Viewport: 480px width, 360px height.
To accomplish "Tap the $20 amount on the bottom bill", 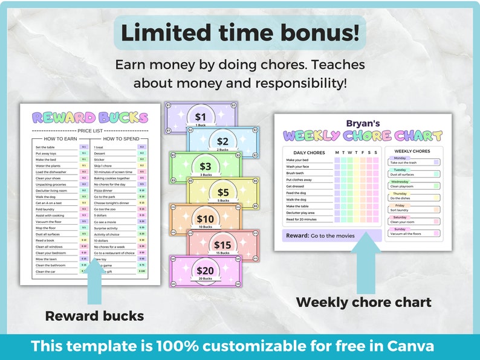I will tap(206, 271).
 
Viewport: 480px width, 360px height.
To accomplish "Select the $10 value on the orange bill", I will tap(206, 219).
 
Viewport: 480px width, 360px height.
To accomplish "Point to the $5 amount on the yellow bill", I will tap(223, 193).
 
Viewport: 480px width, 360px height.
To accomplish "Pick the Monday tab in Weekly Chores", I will tap(400, 158).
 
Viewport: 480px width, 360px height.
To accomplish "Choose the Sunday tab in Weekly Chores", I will tap(401, 229).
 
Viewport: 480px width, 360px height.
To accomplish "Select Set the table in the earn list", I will tap(46, 147).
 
